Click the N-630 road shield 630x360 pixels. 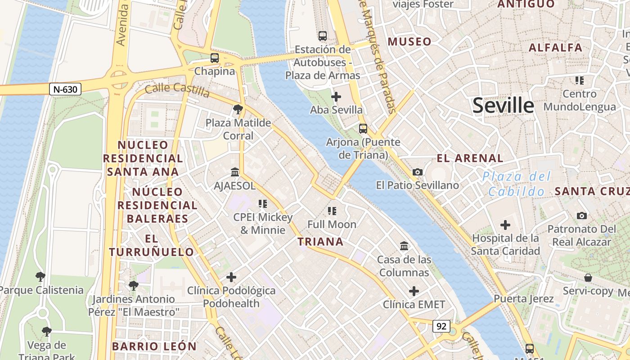tap(65, 89)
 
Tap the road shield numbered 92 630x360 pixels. tap(441, 326)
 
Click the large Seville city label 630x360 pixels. tap(503, 106)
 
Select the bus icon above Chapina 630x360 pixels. tap(215, 58)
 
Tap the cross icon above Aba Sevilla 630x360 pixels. tap(336, 97)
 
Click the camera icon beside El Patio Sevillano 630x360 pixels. tap(418, 172)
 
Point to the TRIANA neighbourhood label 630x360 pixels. tap(320, 242)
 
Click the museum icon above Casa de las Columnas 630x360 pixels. tap(404, 246)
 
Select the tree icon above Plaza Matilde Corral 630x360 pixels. tap(238, 109)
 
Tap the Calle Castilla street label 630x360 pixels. tap(177, 89)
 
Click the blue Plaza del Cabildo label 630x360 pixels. tap(517, 184)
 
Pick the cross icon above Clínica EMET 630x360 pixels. tap(414, 291)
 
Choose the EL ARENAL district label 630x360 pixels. tap(470, 158)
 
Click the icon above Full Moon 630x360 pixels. tap(332, 211)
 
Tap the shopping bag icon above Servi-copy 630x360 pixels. tap(588, 278)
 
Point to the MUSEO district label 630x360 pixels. tap(409, 42)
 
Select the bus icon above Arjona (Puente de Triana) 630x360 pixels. tap(363, 129)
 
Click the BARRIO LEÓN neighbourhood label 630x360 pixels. tap(154, 346)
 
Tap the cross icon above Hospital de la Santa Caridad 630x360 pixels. tap(505, 225)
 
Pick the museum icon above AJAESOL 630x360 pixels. tap(234, 172)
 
